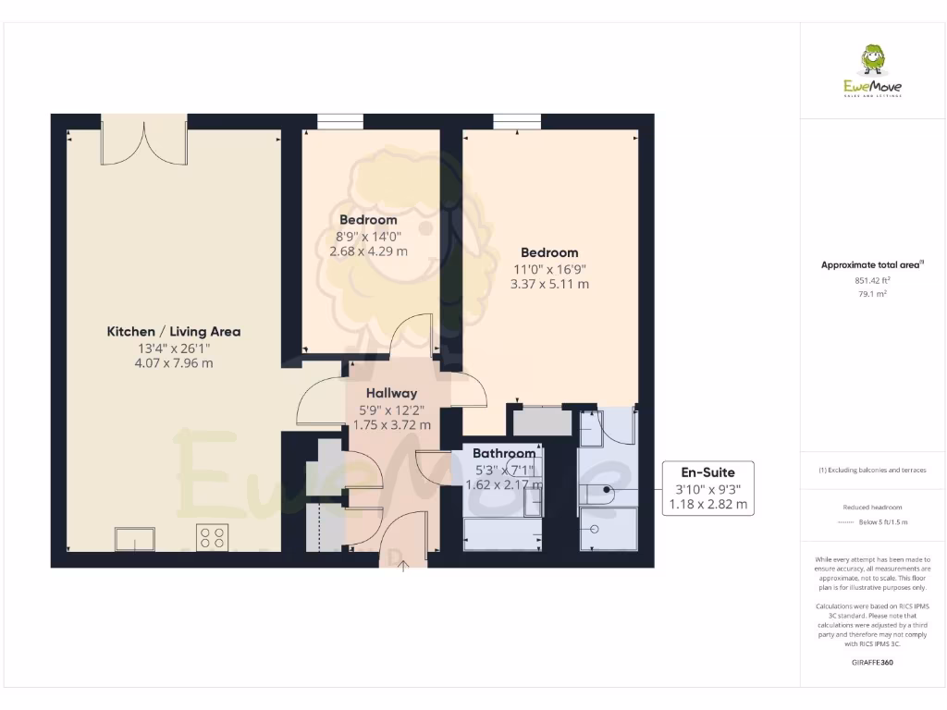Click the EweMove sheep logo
872,59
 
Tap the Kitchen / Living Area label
174,331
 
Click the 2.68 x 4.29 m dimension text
368,251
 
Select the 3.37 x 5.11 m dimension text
549,284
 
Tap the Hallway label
391,393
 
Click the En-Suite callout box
708,488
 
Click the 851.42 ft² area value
872,280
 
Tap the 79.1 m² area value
872,294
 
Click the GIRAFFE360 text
872,663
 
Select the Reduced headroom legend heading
872,508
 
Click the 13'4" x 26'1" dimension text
174,348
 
